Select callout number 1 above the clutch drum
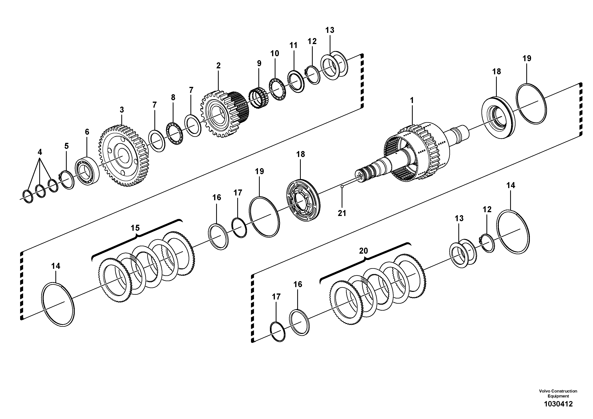click(x=412, y=100)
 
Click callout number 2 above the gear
click(x=219, y=66)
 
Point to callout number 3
click(x=122, y=110)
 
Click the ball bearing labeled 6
click(x=87, y=171)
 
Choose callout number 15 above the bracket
click(x=135, y=228)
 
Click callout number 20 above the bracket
click(x=363, y=251)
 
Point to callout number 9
click(x=259, y=64)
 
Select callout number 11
click(x=293, y=45)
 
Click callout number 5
click(x=66, y=146)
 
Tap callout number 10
click(x=274, y=53)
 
